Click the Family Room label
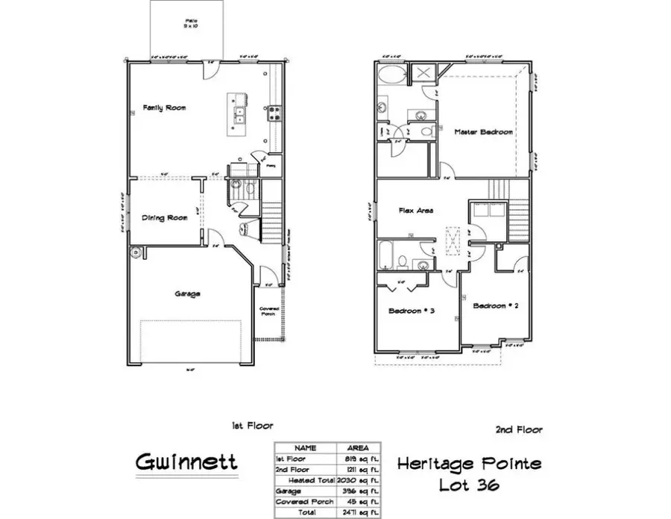coord(164,108)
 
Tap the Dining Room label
coord(164,218)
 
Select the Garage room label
coord(187,293)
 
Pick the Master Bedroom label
coord(484,132)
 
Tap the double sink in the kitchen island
coord(240,114)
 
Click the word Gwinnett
coord(186,461)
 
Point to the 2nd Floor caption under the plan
coord(518,429)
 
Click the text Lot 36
coord(469,485)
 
